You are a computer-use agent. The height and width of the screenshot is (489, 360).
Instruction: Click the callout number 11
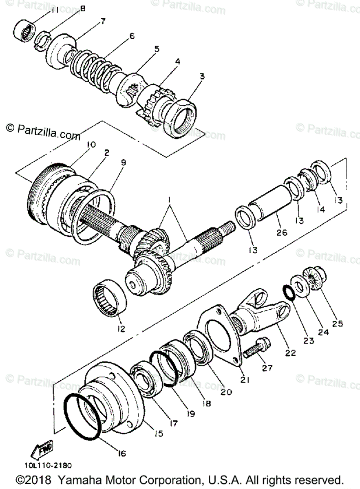[x=55, y=9]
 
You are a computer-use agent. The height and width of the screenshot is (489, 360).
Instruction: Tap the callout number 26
[x=282, y=233]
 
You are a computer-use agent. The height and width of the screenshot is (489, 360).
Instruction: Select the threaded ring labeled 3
[x=183, y=117]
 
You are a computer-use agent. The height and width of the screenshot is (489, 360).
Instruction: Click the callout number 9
[x=123, y=162]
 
